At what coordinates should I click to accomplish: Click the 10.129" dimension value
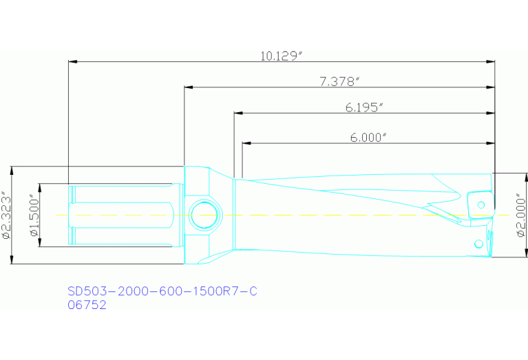pyautogui.click(x=282, y=56)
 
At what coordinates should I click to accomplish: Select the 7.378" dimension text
pyautogui.click(x=340, y=82)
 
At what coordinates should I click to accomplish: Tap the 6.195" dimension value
pyautogui.click(x=363, y=107)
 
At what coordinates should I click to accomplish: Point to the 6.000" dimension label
pyautogui.click(x=368, y=138)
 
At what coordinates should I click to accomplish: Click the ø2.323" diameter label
pyautogui.click(x=6, y=215)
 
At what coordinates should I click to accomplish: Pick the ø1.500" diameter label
pyautogui.click(x=33, y=215)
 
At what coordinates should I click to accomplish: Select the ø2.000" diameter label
pyautogui.click(x=520, y=215)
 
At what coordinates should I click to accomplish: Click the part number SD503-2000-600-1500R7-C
pyautogui.click(x=162, y=291)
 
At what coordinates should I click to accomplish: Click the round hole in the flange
pyautogui.click(x=204, y=215)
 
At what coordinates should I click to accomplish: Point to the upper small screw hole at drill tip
pyautogui.click(x=481, y=204)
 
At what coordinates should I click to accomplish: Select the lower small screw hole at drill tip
pyautogui.click(x=478, y=244)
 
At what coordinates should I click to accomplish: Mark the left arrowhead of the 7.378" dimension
pyautogui.click(x=188, y=87)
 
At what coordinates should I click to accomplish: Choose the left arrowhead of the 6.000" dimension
pyautogui.click(x=246, y=143)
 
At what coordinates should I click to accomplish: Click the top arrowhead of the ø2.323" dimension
pyautogui.click(x=12, y=169)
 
